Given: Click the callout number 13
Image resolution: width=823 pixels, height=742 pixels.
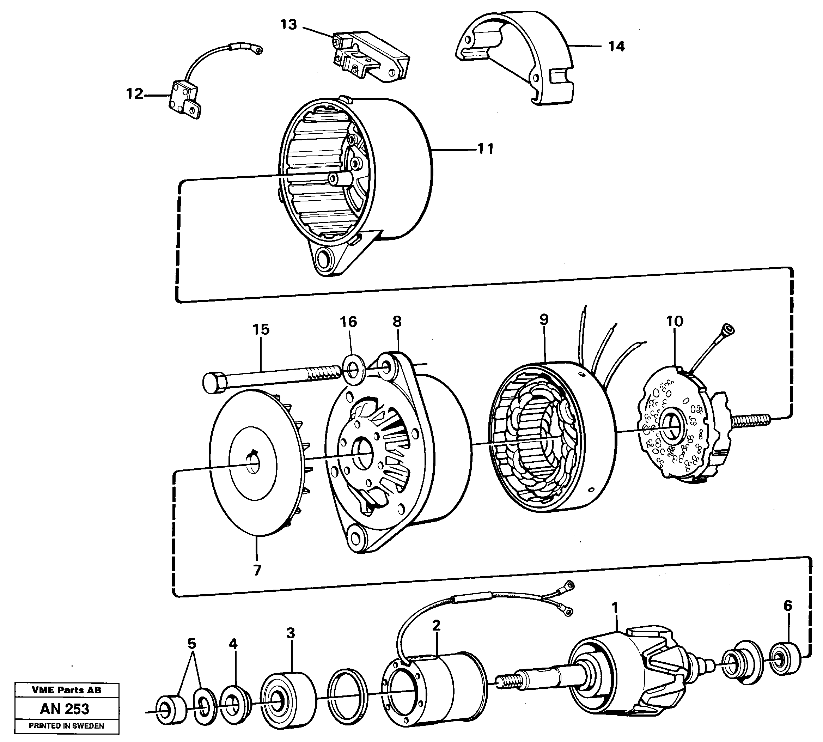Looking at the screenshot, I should click(288, 25).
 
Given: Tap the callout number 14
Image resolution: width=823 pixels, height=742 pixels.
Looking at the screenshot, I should click(616, 47).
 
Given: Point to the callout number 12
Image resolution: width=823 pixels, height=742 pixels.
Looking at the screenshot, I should click(134, 94).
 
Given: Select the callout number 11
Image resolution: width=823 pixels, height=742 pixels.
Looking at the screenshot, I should click(485, 149).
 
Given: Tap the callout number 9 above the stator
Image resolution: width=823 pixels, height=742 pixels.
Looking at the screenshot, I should click(544, 320).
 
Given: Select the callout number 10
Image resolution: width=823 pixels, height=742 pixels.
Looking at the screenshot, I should click(674, 321).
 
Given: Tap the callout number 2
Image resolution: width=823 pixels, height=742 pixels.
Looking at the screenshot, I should click(436, 625).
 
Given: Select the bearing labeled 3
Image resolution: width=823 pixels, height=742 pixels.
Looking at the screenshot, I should click(288, 698).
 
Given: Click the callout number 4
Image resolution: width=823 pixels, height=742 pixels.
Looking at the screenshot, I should click(233, 644).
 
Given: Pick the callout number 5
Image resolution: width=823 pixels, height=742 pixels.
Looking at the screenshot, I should click(191, 644).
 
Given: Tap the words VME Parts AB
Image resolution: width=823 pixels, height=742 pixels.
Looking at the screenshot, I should click(66, 690).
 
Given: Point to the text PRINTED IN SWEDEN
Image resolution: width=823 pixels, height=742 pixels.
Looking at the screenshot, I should click(66, 726).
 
